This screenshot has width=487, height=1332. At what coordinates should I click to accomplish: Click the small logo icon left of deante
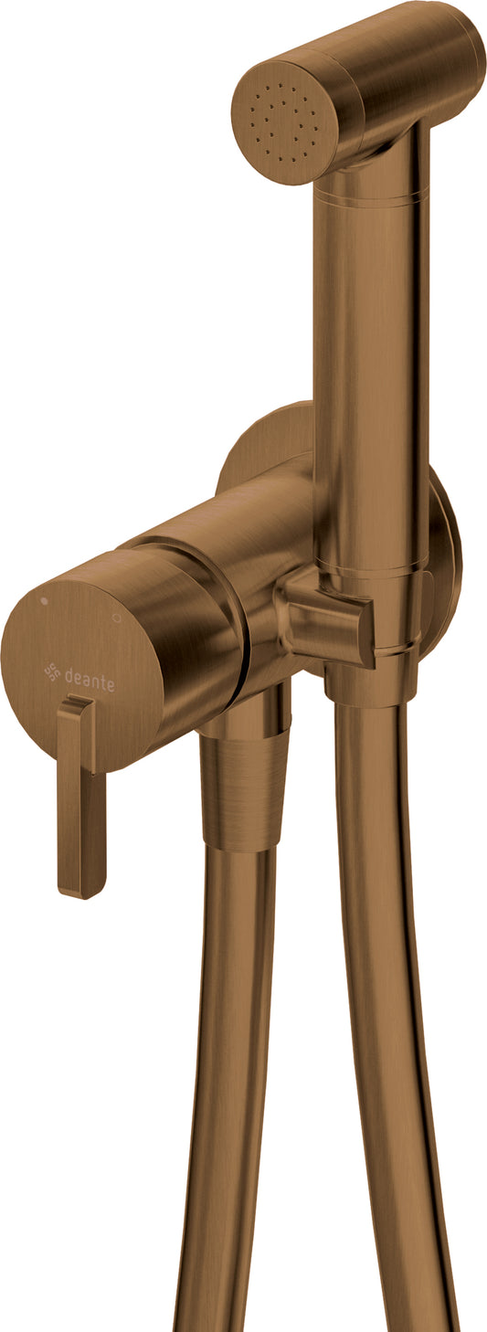[x=53, y=671]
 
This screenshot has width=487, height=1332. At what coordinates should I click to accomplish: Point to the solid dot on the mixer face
[x=43, y=601]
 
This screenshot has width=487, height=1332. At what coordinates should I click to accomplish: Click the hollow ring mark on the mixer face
[x=116, y=618]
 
